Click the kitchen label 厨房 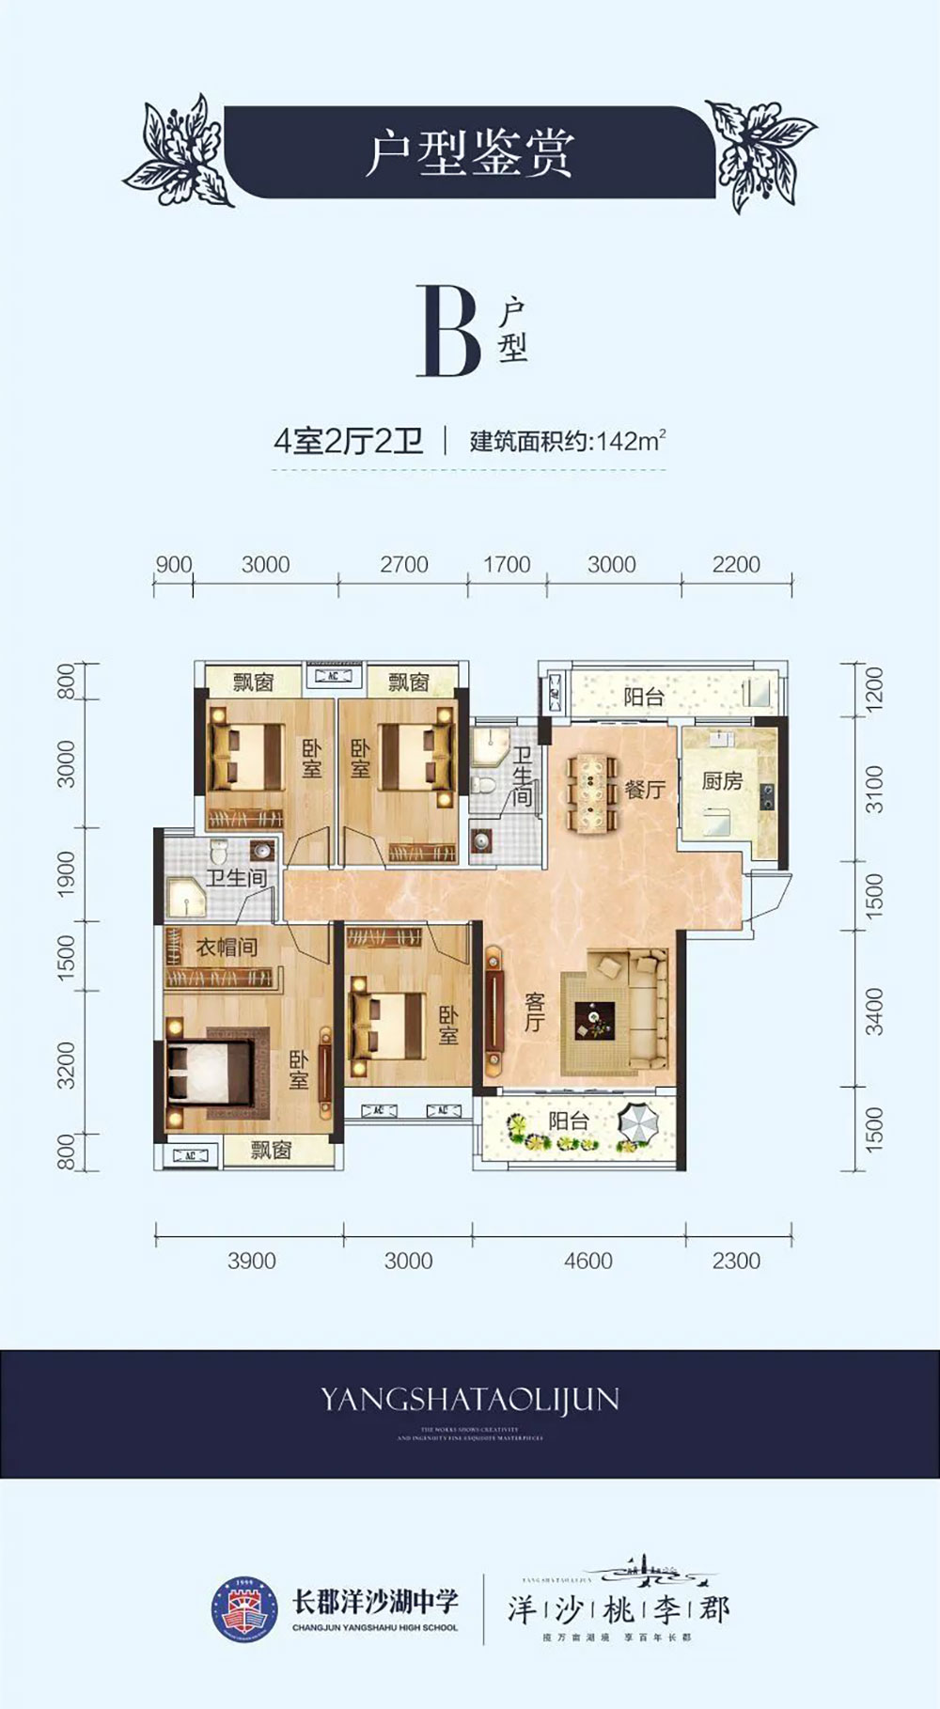pos(722,780)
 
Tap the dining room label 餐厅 pos(644,789)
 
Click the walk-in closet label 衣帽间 pos(226,947)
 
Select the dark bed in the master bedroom pos(209,1072)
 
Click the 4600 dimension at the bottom pos(587,1261)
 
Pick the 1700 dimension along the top pos(507,565)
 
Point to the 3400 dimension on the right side pos(874,1011)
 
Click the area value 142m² pos(631,440)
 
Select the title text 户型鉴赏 pos(468,153)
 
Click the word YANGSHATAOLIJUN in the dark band pos(469,1400)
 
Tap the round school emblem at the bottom pos(243,1610)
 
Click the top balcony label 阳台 pos(644,697)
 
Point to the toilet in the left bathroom pos(220,852)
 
